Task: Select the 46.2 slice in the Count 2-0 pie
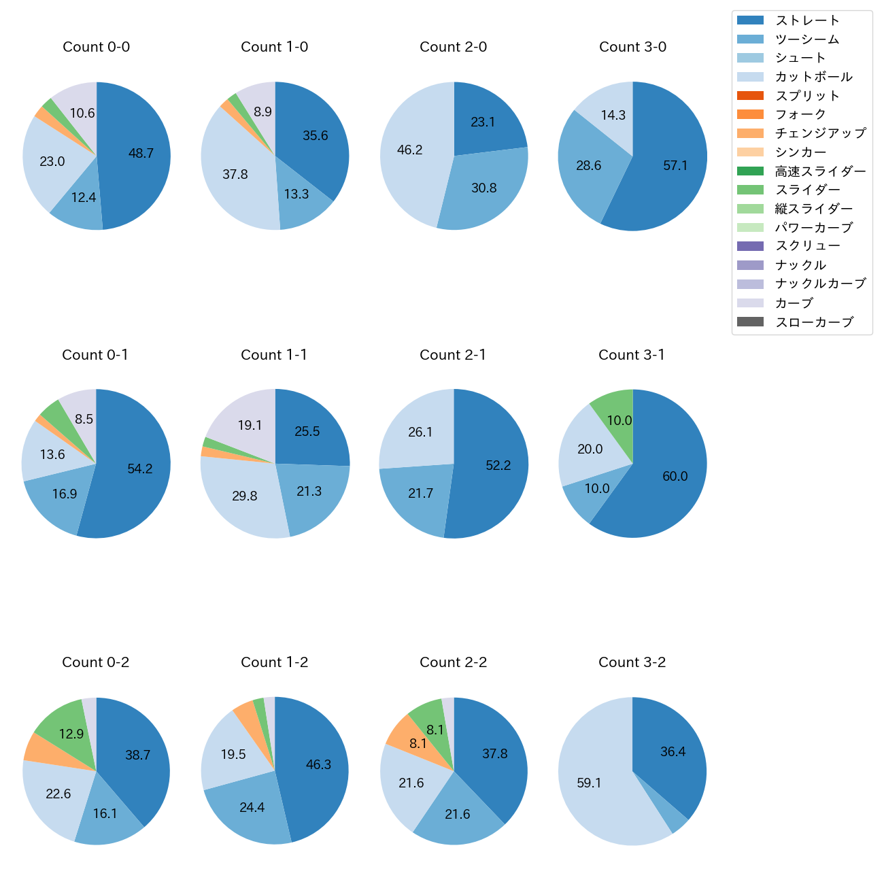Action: (x=410, y=151)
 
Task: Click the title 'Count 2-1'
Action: (x=453, y=355)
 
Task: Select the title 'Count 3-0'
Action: (x=632, y=47)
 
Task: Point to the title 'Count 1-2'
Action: (x=275, y=662)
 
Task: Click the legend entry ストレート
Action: (x=807, y=20)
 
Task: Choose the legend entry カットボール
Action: (x=813, y=77)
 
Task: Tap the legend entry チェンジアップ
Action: (x=820, y=133)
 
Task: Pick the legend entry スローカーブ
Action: (x=814, y=322)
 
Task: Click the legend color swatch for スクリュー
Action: (x=750, y=246)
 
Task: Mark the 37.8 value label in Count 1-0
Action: (x=235, y=175)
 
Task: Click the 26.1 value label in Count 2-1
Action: (x=420, y=432)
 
